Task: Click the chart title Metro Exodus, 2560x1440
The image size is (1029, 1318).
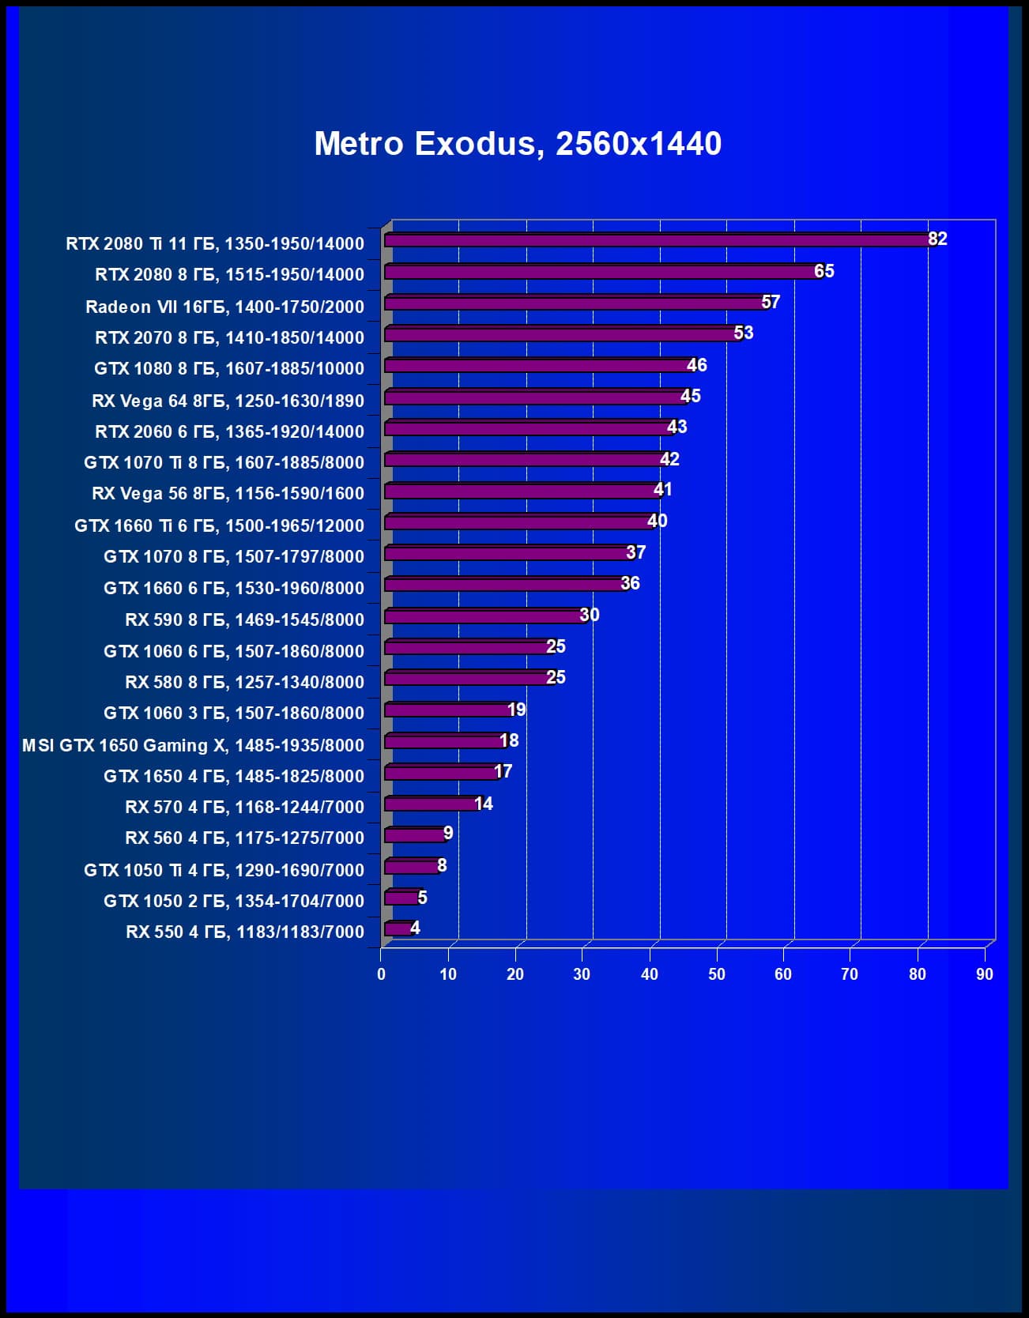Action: (x=518, y=144)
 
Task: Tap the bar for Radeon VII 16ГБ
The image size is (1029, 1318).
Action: (x=575, y=303)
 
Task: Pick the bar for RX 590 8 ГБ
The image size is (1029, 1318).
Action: (x=486, y=616)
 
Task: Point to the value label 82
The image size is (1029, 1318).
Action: (x=937, y=239)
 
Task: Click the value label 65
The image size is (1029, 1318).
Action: (x=824, y=271)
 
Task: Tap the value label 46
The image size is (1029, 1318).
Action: (x=696, y=365)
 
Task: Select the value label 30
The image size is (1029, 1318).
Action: (x=590, y=615)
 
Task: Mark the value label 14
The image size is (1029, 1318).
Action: (x=483, y=804)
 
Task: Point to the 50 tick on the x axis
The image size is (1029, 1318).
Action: (x=716, y=974)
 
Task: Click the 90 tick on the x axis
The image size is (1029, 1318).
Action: (x=984, y=974)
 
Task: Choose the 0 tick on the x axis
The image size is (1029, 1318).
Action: (x=381, y=974)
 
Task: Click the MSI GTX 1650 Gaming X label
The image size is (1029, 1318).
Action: (x=193, y=745)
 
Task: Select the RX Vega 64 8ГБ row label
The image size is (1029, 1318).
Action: (x=228, y=401)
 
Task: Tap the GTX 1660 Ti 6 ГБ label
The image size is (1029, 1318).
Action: (x=219, y=525)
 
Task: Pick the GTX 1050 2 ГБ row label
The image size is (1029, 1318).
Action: (x=233, y=901)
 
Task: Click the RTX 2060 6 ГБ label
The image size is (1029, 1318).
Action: (x=229, y=431)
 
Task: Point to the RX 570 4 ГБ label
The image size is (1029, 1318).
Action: (x=244, y=807)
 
